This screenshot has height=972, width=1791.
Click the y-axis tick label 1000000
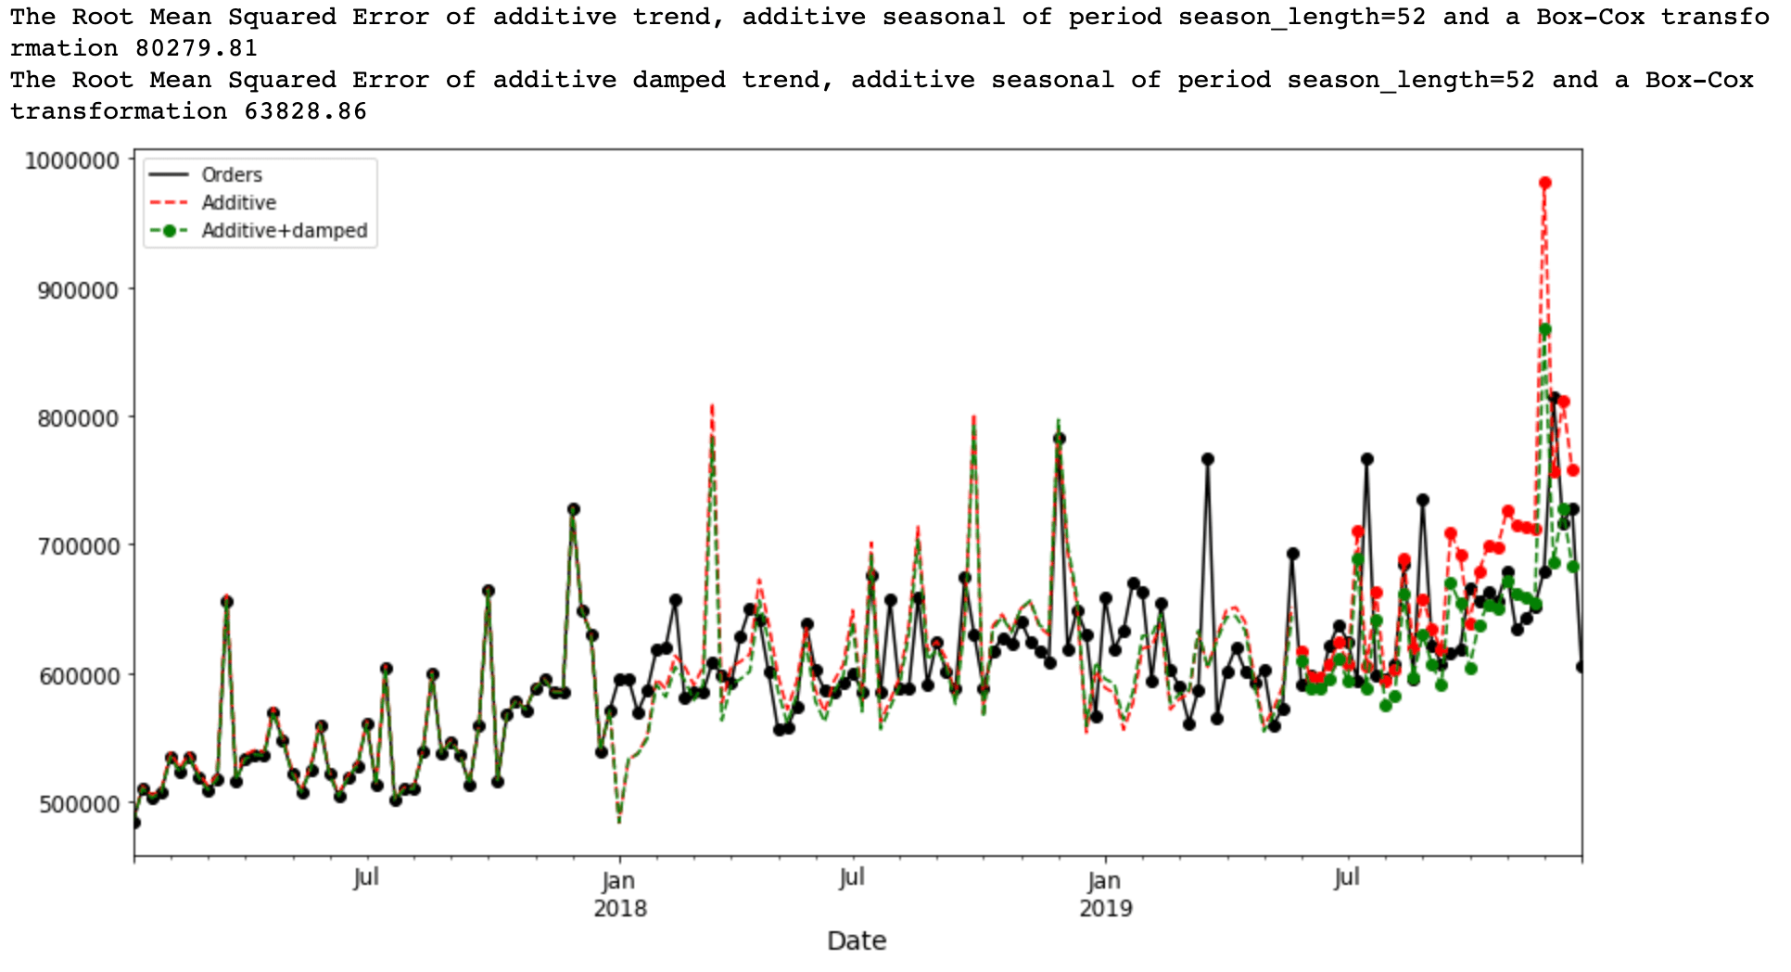click(72, 160)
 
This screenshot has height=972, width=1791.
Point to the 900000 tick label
click(78, 289)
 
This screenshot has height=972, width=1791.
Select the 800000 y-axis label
click(78, 418)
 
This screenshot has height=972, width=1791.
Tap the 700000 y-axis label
click(78, 546)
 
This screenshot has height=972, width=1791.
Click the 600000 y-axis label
click(78, 675)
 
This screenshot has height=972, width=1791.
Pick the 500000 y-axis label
click(78, 803)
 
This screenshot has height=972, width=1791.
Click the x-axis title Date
click(857, 940)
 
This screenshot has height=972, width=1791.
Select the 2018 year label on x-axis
click(620, 907)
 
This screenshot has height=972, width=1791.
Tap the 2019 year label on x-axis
click(1105, 907)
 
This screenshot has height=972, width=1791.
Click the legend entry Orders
click(232, 174)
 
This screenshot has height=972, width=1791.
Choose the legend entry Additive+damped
click(284, 230)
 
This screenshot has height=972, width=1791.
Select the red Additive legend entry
click(238, 202)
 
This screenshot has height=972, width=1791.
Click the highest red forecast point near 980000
click(1544, 184)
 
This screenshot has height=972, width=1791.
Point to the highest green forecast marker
click(1544, 329)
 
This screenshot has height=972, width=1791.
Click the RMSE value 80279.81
click(197, 48)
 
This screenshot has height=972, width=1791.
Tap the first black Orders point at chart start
click(135, 822)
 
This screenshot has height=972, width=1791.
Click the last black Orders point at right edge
click(1581, 667)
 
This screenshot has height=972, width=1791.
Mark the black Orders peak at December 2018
click(1059, 439)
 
